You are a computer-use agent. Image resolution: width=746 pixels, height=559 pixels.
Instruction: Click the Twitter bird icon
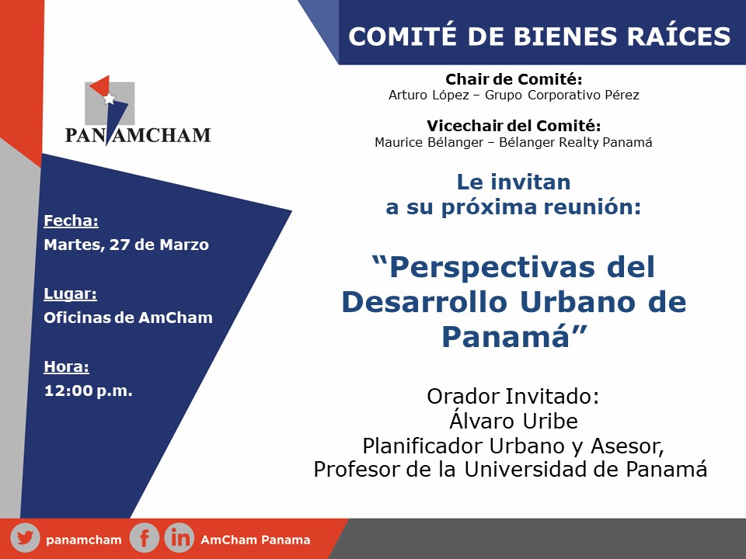tap(25, 539)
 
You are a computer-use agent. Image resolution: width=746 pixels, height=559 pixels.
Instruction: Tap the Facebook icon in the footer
tap(144, 539)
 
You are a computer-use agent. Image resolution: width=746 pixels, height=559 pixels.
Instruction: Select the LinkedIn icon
tap(180, 539)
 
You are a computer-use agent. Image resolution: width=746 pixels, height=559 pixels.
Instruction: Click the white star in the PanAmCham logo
tap(109, 99)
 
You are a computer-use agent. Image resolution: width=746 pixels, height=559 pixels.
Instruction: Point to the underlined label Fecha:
tap(71, 220)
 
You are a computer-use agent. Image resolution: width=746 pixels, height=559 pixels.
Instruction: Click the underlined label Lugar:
tap(70, 293)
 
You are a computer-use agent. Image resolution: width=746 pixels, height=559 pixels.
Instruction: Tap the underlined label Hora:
tap(66, 366)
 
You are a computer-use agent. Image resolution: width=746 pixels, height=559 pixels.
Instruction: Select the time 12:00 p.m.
tap(88, 391)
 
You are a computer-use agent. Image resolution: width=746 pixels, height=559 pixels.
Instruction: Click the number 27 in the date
tap(120, 245)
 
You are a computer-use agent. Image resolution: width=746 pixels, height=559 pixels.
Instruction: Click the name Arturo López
tap(429, 95)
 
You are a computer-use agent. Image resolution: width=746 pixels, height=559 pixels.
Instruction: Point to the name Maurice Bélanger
tap(429, 142)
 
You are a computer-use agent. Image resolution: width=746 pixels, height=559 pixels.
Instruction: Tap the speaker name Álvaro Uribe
tap(514, 420)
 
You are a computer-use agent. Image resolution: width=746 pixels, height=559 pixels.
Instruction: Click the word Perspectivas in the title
tap(492, 266)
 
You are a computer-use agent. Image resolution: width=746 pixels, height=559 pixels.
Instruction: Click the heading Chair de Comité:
tap(514, 79)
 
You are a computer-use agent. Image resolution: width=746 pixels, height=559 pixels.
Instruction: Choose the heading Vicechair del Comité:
tap(514, 126)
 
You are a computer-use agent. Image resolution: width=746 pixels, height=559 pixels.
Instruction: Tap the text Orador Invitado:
tap(513, 396)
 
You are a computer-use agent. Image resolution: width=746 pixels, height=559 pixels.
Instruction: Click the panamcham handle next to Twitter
tap(84, 540)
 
